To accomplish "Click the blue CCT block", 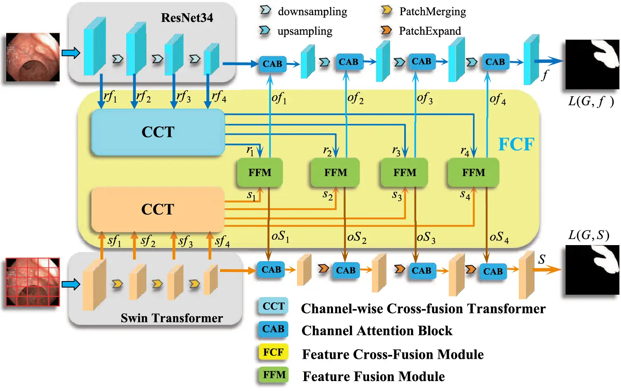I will [158, 132].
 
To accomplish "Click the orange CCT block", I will [158, 209].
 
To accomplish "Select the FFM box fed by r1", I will [260, 172].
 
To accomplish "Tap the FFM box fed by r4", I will [473, 172].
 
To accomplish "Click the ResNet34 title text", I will [187, 18].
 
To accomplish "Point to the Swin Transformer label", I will [172, 318].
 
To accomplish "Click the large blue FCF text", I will [516, 144].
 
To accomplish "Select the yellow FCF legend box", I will [273, 352].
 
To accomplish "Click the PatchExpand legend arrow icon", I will [386, 30].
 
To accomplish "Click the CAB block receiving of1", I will [272, 64].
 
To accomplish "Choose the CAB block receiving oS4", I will [493, 272].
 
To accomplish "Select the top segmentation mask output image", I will [592, 64].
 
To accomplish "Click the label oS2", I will [357, 237].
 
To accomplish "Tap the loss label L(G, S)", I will [588, 235].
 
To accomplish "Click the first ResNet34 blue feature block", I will [95, 46].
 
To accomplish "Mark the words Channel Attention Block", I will [377, 331].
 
